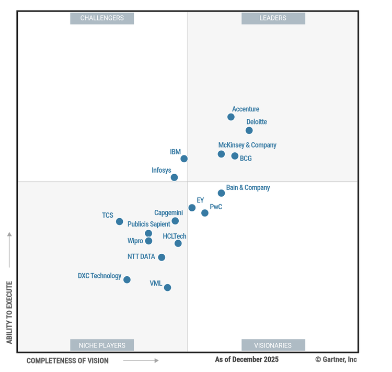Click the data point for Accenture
click(x=231, y=117)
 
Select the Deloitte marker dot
click(x=249, y=130)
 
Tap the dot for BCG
click(x=235, y=156)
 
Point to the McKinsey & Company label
click(x=247, y=145)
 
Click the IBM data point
click(x=184, y=159)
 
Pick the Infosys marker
click(x=175, y=177)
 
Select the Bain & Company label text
click(x=248, y=187)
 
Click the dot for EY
click(x=192, y=208)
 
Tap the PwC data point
click(x=205, y=213)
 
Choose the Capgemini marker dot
click(x=175, y=221)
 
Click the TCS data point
click(x=120, y=222)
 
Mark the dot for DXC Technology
click(x=127, y=280)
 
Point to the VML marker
click(x=167, y=287)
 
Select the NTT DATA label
click(x=141, y=256)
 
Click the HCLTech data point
click(x=178, y=243)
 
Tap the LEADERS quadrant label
click(x=273, y=18)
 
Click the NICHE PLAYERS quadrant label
click(x=102, y=345)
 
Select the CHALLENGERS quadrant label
click(x=102, y=18)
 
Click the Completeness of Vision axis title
click(x=67, y=360)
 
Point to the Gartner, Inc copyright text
click(x=336, y=359)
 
